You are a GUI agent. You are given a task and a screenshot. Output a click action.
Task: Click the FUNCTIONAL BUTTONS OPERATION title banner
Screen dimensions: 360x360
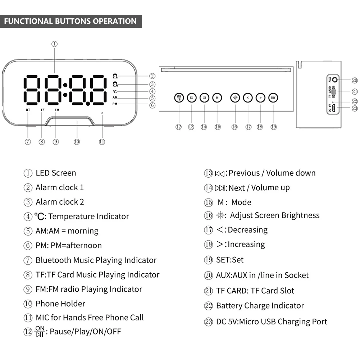(70, 21)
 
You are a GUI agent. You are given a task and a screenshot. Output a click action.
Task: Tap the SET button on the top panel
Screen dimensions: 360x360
(273, 97)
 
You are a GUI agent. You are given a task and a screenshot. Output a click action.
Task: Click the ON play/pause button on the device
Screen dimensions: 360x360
(179, 97)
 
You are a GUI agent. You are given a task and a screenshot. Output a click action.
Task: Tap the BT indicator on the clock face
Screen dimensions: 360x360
(28, 109)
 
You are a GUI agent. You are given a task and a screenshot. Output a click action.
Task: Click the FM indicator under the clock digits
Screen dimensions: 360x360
(57, 109)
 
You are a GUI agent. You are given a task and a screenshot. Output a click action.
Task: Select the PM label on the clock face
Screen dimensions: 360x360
(115, 104)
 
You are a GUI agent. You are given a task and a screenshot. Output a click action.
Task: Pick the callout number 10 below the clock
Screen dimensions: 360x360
(77, 142)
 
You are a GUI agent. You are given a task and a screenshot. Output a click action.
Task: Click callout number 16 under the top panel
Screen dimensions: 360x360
(234, 127)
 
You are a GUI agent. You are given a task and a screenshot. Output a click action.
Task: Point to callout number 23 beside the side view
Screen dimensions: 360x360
(355, 108)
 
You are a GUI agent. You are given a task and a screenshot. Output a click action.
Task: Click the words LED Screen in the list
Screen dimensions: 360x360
(56, 173)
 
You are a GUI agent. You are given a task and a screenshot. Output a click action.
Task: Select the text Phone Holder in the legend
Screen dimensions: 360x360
(60, 304)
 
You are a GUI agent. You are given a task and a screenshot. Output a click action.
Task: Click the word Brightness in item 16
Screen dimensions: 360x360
(300, 215)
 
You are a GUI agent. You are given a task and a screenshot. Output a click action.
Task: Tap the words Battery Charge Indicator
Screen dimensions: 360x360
(260, 306)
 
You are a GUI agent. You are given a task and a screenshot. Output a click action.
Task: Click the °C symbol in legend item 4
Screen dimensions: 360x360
(40, 217)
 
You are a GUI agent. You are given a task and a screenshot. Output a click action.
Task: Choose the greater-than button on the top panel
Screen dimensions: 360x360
(260, 97)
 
